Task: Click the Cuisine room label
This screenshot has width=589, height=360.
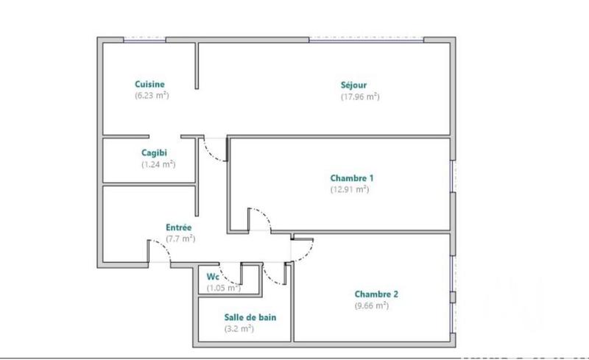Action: (x=149, y=84)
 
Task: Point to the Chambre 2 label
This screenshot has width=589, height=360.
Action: (x=375, y=294)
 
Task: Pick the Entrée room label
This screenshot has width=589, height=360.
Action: (x=177, y=228)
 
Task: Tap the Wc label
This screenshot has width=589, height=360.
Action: (x=213, y=276)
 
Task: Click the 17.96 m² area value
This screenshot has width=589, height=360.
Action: (x=359, y=96)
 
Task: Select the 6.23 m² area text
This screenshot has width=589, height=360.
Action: (x=152, y=96)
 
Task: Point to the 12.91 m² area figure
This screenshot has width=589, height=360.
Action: (x=350, y=189)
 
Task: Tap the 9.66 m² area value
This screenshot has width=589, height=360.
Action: (x=371, y=306)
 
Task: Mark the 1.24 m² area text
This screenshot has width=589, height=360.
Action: (x=158, y=164)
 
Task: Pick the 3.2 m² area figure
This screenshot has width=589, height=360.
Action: (x=239, y=329)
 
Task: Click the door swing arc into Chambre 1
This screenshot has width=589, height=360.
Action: (x=264, y=216)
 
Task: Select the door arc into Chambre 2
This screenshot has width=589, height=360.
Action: (x=306, y=249)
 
